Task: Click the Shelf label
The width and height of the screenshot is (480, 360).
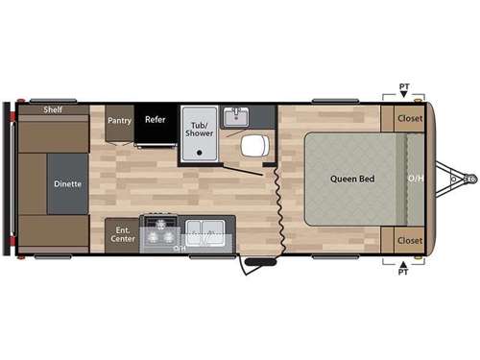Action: click(53, 110)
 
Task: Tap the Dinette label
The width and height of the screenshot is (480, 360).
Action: click(67, 182)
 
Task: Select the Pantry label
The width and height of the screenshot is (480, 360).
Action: click(119, 121)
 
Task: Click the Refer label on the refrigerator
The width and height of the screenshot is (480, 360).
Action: click(156, 120)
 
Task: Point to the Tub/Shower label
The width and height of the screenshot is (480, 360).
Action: click(200, 130)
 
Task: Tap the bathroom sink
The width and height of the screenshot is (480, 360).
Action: click(236, 117)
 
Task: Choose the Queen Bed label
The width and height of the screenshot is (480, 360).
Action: click(352, 179)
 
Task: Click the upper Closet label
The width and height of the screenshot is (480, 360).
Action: click(410, 119)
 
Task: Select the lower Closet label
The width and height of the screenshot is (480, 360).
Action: click(410, 240)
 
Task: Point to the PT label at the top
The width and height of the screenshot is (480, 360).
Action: click(404, 87)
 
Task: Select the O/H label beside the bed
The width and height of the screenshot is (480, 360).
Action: click(415, 179)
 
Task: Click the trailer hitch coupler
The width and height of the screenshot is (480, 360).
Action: click(469, 179)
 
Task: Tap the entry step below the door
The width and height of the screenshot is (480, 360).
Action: click(257, 261)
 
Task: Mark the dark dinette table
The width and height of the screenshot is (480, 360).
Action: click(67, 182)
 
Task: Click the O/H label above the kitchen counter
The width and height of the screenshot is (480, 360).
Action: click(179, 248)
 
